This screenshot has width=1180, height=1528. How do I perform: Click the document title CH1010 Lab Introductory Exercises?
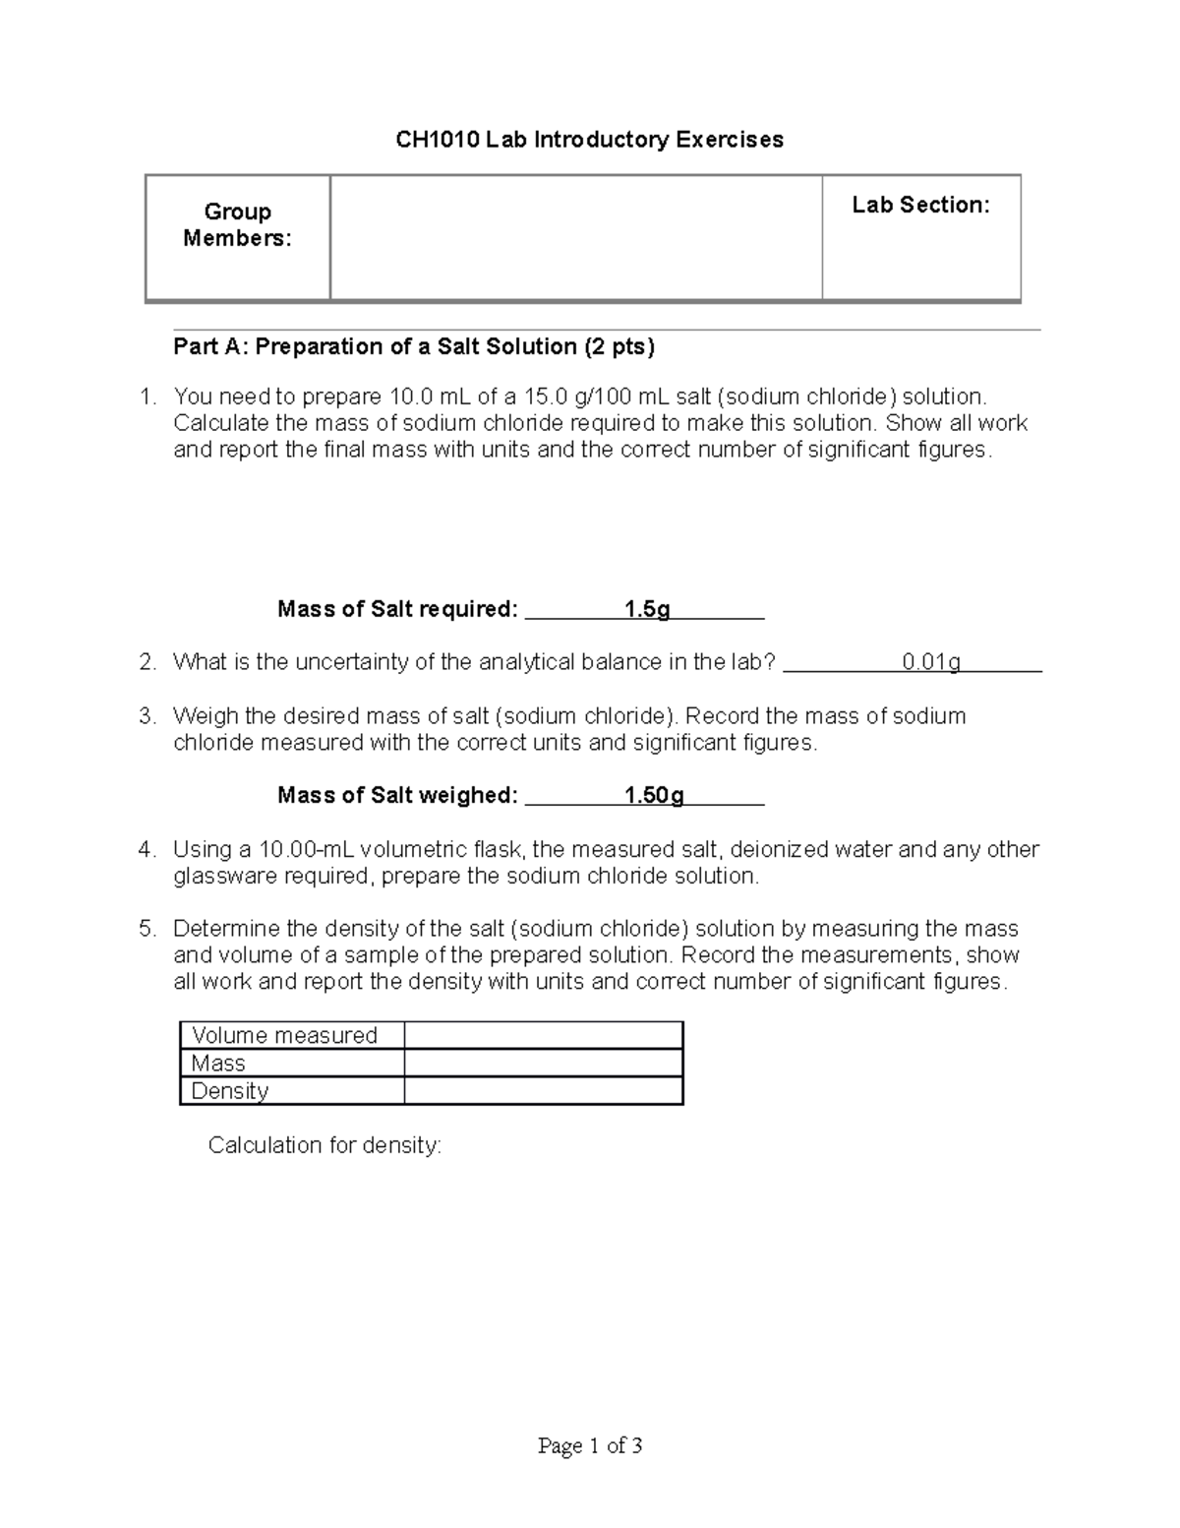(x=589, y=140)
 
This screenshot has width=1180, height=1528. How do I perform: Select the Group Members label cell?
(x=237, y=225)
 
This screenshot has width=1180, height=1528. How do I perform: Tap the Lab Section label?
(x=920, y=205)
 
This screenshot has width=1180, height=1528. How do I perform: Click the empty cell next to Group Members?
(x=575, y=237)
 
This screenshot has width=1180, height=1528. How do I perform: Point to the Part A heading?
(x=413, y=346)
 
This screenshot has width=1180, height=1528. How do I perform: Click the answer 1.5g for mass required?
(x=647, y=609)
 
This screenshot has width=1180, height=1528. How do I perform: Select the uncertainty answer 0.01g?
(x=930, y=662)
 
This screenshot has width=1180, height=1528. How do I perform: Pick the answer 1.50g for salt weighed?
(x=654, y=795)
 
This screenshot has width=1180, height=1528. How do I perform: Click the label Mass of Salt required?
(x=397, y=609)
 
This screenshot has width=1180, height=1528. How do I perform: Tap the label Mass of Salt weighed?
(x=397, y=795)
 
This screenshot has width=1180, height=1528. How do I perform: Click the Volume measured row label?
(x=284, y=1035)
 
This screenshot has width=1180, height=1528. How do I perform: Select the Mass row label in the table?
(x=218, y=1063)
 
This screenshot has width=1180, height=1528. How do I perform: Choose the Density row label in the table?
(x=230, y=1090)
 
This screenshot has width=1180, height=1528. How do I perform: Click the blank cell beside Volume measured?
(x=543, y=1035)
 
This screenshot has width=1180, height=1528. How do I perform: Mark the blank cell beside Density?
(x=543, y=1090)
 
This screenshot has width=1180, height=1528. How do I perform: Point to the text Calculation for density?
(x=324, y=1145)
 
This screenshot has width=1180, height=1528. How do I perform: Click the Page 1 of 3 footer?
(x=590, y=1445)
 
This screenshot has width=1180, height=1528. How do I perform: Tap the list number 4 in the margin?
(x=147, y=849)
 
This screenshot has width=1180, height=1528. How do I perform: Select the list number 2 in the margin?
(x=147, y=662)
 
